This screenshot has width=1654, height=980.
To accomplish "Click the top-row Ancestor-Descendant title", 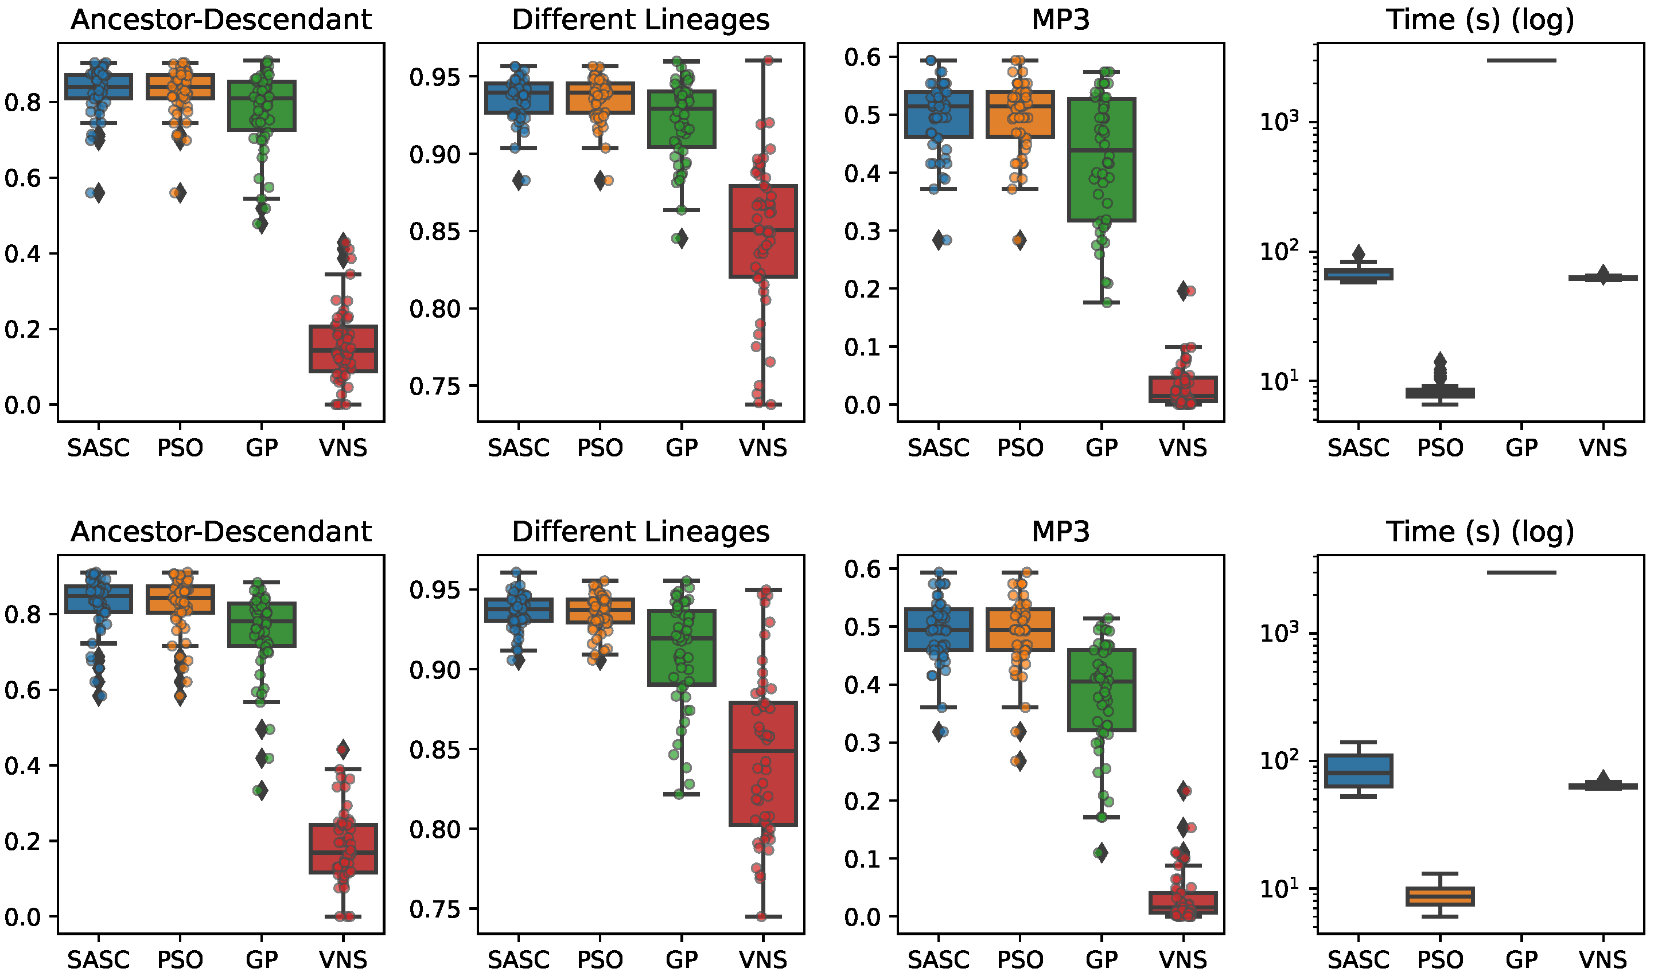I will click(221, 20).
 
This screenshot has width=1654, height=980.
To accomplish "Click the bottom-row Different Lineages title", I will click(640, 532).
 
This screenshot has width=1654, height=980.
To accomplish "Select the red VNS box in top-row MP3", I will click(1183, 389).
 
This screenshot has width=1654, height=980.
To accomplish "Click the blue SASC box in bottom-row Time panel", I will click(1358, 771).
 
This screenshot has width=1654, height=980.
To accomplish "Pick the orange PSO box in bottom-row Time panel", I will click(1440, 896).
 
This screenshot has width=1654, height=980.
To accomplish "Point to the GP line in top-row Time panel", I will click(1521, 60).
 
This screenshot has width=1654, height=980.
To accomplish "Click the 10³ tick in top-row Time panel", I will click(1278, 122).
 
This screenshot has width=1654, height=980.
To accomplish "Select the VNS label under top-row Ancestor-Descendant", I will click(343, 448).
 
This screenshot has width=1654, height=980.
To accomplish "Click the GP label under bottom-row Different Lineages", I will click(681, 959).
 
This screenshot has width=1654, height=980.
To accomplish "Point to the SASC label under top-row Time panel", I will click(1358, 448).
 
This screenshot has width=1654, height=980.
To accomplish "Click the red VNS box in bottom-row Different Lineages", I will click(763, 764).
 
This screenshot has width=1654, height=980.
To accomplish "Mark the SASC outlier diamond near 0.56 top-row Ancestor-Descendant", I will click(99, 193).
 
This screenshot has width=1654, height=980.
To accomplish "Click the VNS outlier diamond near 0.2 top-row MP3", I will click(1183, 291).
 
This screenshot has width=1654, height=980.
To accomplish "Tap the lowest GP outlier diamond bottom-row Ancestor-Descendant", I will click(262, 790).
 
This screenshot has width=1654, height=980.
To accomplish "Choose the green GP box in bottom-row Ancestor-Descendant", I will click(262, 624).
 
